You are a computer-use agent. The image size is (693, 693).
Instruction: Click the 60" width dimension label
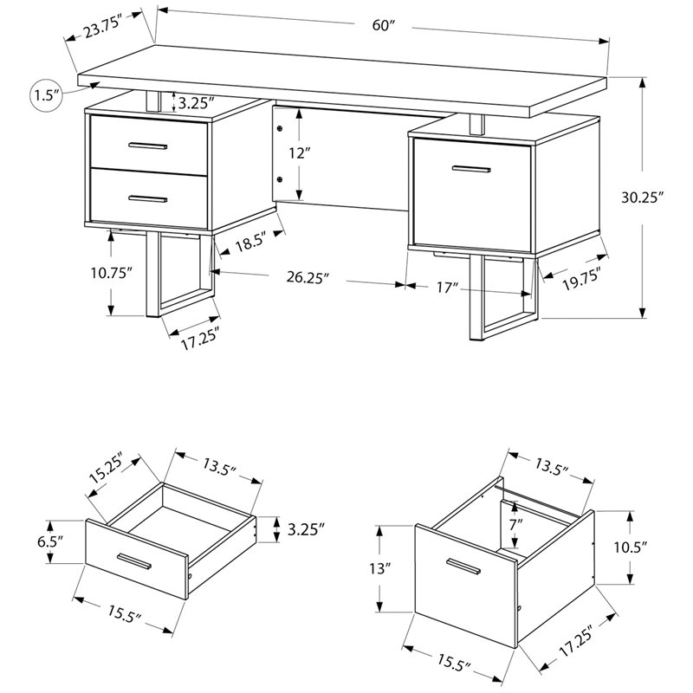[x=383, y=25]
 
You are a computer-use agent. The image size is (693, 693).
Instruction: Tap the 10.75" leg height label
[x=111, y=273]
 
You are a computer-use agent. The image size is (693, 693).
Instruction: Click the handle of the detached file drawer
[x=464, y=567]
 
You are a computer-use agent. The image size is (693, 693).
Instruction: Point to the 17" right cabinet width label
[x=447, y=288]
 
